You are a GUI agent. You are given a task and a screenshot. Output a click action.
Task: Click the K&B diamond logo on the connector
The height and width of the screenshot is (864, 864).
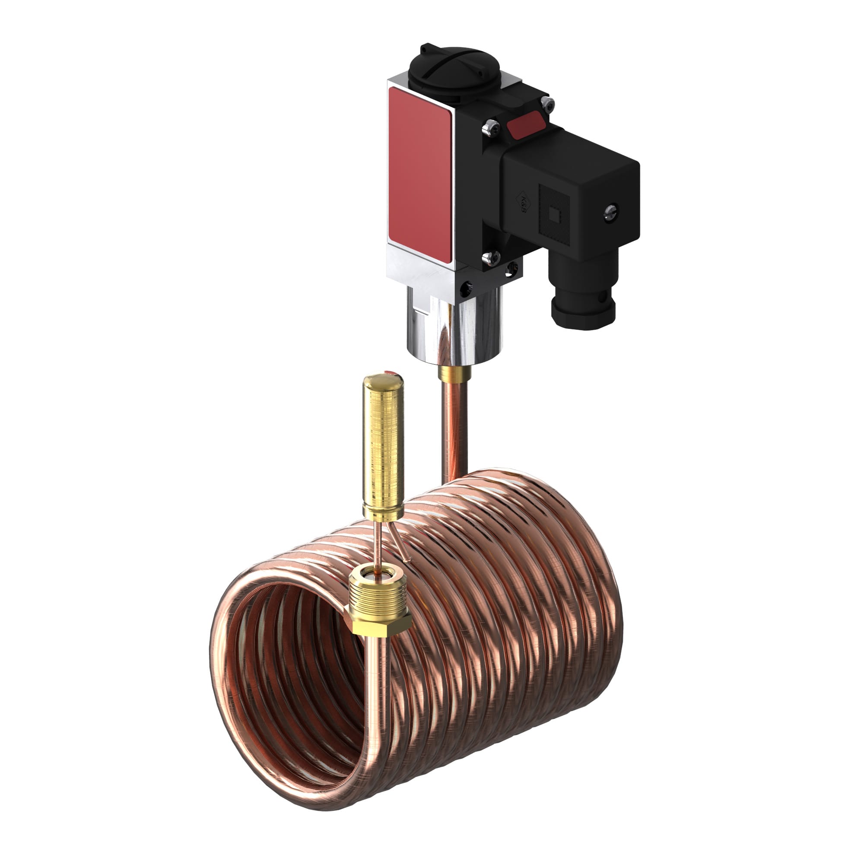[522, 204]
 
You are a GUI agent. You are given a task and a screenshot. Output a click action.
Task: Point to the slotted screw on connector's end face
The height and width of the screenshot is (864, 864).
[610, 213]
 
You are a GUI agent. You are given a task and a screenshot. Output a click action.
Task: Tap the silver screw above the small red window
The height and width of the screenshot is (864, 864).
[548, 104]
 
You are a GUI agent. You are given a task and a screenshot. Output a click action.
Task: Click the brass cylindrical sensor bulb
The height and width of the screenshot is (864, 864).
[383, 447]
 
